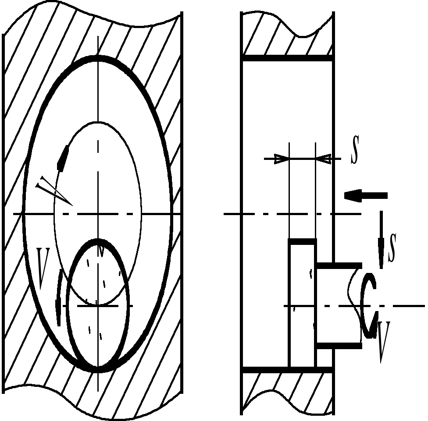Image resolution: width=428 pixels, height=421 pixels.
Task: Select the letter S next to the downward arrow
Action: (x=392, y=248)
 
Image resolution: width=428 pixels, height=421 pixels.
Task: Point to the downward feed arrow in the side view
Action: (x=381, y=239)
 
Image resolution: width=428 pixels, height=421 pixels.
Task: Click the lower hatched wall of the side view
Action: (x=287, y=390)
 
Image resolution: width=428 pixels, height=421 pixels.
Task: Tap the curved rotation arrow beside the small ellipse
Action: (x=59, y=298)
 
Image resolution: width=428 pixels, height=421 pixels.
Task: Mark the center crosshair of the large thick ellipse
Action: (x=98, y=214)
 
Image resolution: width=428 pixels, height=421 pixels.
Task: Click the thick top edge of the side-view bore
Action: (x=287, y=58)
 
